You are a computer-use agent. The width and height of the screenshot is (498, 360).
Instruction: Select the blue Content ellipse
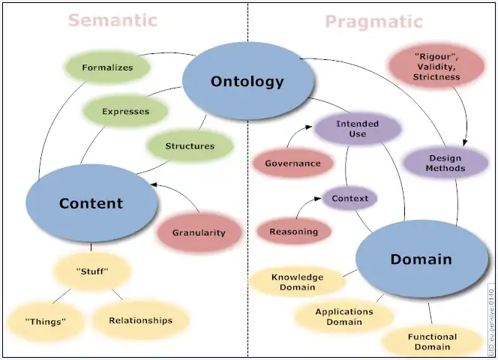(91, 203)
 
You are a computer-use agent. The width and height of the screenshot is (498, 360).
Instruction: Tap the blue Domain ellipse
(421, 259)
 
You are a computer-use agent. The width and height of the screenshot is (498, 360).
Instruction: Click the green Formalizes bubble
(107, 67)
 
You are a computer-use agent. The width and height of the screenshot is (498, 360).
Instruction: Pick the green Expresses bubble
(125, 112)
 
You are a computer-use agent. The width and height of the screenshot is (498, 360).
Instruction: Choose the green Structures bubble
(189, 146)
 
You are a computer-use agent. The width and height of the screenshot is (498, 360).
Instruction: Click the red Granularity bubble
(199, 232)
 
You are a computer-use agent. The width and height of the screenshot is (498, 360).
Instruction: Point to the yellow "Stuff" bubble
(92, 271)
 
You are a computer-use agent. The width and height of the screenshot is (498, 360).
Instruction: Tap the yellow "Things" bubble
(46, 321)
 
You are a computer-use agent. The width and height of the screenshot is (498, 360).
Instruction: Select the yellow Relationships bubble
(140, 320)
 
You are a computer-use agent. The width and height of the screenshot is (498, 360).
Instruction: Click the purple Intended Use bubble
(357, 128)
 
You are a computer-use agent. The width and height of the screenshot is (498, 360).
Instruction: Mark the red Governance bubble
(292, 163)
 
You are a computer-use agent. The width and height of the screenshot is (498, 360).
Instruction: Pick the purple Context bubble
(349, 199)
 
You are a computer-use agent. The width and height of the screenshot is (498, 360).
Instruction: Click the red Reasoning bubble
(293, 232)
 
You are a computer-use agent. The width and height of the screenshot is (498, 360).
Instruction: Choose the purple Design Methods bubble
(445, 163)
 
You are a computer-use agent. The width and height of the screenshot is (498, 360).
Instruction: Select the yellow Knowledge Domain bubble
(297, 281)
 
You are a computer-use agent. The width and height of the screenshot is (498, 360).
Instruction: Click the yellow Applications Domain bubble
(343, 316)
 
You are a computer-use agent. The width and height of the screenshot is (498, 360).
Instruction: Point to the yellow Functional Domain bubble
(431, 341)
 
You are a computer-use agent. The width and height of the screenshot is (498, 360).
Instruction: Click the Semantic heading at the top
(112, 20)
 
